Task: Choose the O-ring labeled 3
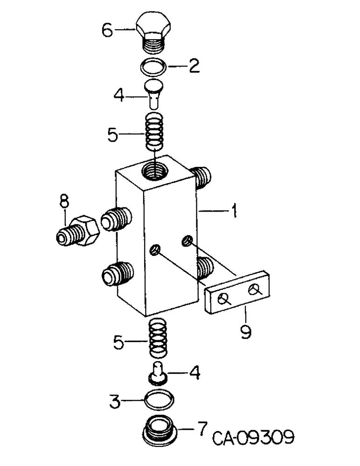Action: pos(159,400)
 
